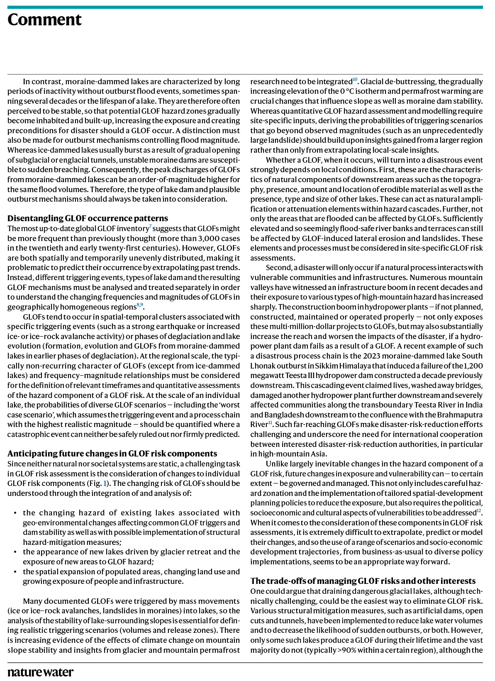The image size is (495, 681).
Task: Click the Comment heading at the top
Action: pos(44,20)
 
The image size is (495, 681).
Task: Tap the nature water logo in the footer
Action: pos(40,672)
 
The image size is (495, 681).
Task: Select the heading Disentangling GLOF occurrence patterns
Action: pos(88,218)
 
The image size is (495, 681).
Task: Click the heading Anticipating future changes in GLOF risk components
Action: pos(112,454)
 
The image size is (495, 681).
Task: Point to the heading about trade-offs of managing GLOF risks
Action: pos(363,581)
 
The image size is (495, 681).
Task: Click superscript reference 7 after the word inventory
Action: pos(150,226)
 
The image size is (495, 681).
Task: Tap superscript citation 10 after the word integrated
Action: pos(355,79)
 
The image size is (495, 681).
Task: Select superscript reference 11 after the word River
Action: pos(270,422)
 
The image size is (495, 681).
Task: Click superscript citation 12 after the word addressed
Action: pos(478,510)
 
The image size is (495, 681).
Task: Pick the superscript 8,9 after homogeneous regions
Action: pos(140,305)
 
